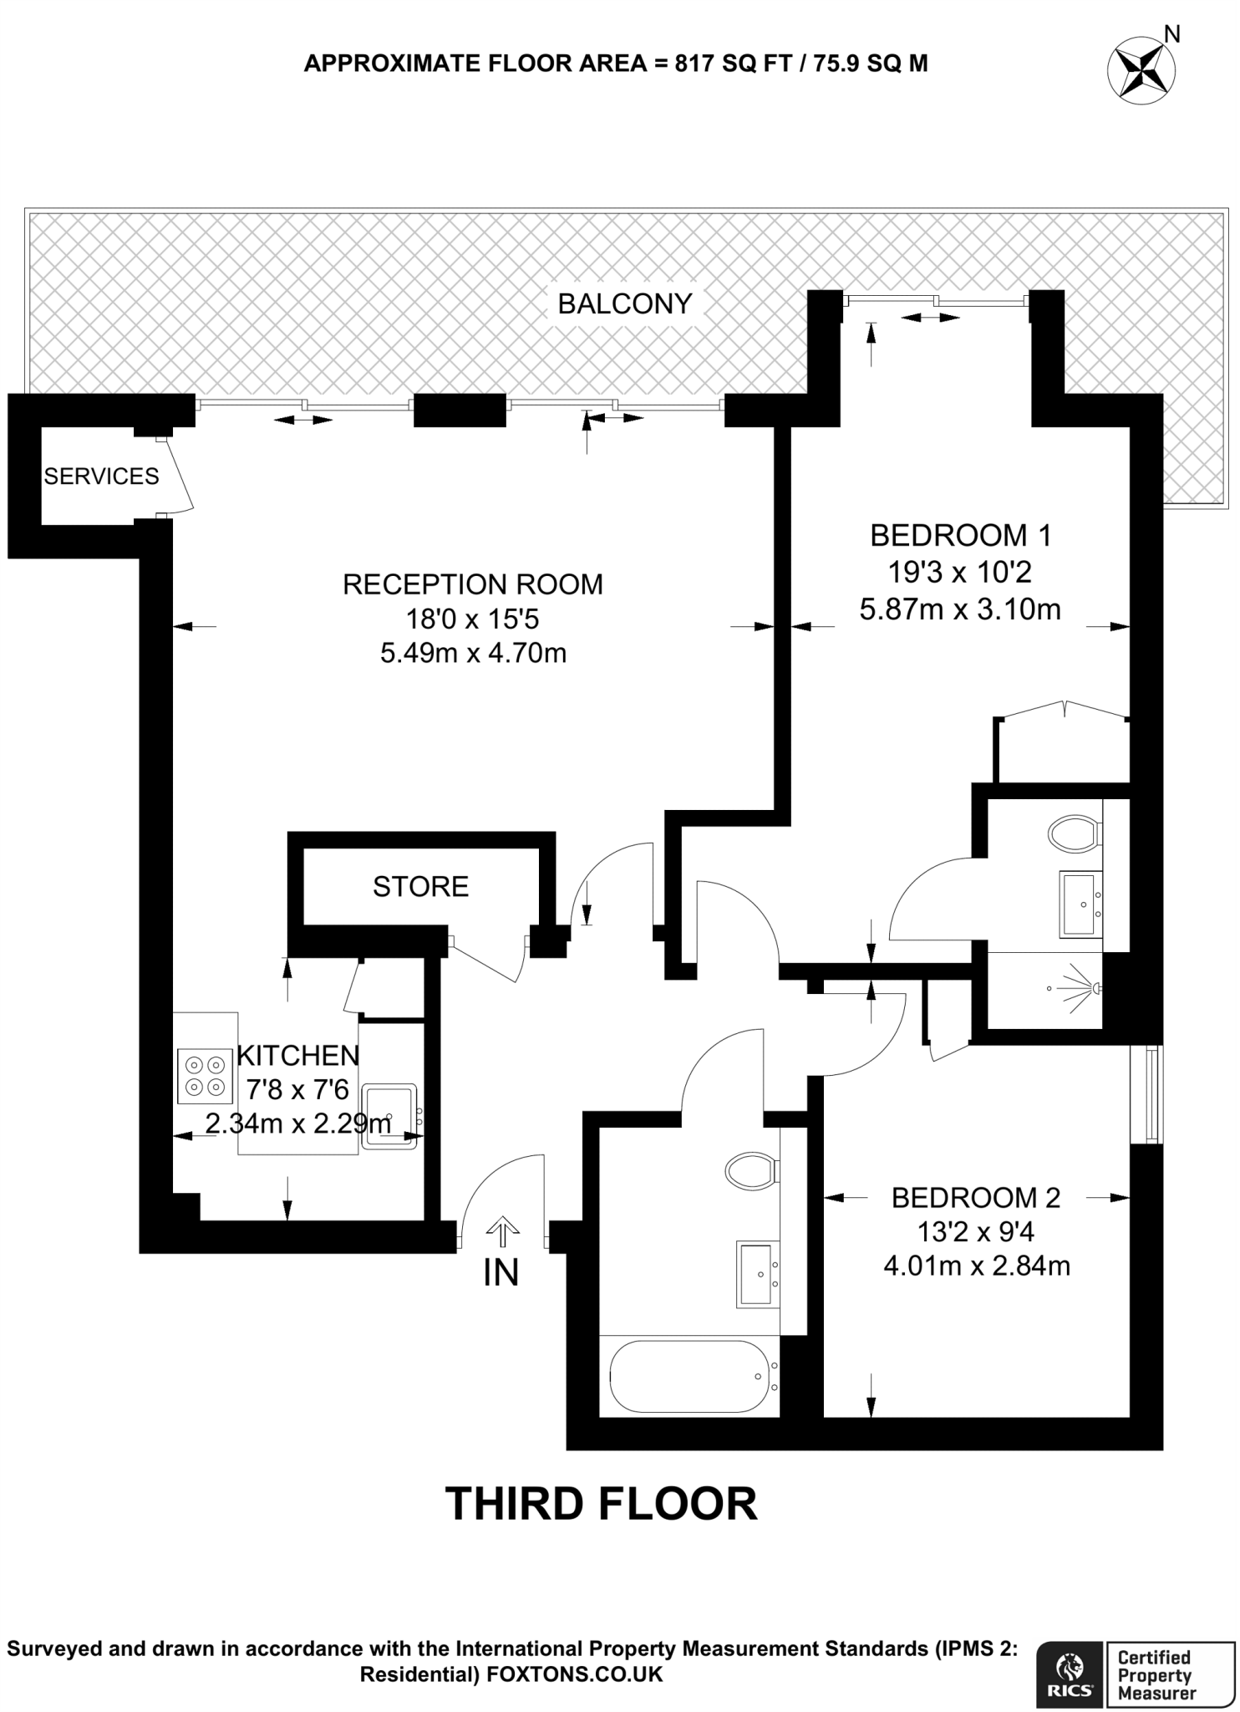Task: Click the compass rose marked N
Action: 1141,69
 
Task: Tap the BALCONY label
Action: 625,303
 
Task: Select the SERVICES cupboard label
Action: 101,476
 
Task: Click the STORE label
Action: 420,886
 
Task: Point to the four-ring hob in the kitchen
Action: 205,1076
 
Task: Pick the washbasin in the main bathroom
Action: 759,1273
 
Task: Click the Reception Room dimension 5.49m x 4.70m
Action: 473,652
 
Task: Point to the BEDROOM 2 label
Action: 975,1198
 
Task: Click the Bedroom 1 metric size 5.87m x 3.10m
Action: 960,609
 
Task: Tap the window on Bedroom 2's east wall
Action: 1151,1094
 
